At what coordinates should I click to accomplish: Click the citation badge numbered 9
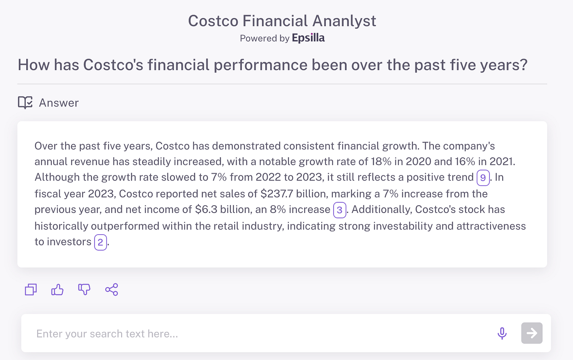tap(483, 177)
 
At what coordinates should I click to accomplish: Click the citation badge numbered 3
tap(339, 210)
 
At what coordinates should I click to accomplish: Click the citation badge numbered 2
tap(100, 242)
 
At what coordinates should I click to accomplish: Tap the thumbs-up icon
tap(57, 290)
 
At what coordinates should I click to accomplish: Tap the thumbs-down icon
tap(84, 289)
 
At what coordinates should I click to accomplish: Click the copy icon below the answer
tap(31, 290)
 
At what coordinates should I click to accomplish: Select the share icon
tap(111, 290)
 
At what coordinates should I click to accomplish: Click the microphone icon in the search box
tap(502, 333)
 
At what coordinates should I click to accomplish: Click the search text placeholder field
tap(107, 334)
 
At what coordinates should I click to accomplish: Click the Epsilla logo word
tap(308, 38)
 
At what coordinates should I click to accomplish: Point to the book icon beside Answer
tap(25, 102)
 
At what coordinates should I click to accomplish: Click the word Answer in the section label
tap(59, 103)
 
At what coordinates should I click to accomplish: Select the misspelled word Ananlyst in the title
tap(344, 21)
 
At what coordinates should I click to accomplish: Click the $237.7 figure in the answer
tap(277, 194)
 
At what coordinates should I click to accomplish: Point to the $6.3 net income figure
tap(206, 209)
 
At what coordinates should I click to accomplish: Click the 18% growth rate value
tap(381, 161)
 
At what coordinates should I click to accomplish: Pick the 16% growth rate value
tap(465, 161)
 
